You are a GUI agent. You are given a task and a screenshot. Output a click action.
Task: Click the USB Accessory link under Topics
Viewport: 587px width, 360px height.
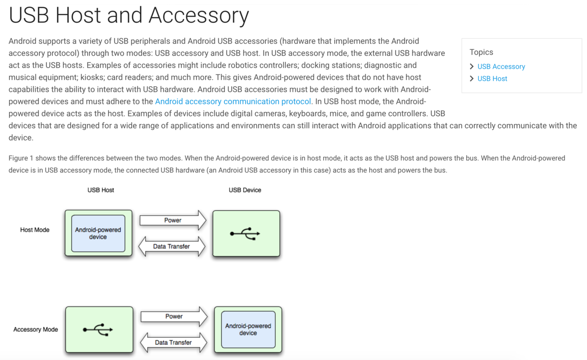point(501,66)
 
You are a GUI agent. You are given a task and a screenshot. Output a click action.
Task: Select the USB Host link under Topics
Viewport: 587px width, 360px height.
point(492,79)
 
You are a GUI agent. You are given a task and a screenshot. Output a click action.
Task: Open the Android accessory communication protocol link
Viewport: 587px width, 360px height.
point(233,101)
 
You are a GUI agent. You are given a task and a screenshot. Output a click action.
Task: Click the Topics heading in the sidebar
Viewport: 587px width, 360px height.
point(481,52)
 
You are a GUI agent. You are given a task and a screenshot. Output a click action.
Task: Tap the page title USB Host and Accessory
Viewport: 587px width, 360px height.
point(129,15)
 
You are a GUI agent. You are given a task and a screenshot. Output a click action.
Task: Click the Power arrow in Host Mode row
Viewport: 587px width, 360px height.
point(173,220)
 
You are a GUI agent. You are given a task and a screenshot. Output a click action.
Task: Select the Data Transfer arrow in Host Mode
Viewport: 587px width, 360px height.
point(171,246)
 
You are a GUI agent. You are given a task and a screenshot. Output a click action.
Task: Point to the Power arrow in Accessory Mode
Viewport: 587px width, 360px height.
point(174,316)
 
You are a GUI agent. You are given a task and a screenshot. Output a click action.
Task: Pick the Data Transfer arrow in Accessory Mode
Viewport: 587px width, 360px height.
point(173,342)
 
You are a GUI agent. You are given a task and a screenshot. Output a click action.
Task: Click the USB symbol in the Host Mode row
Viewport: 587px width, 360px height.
point(245,234)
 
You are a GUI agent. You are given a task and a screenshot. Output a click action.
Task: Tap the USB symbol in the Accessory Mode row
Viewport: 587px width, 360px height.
point(98,330)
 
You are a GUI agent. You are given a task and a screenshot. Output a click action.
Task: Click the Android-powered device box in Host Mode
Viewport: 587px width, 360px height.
point(98,234)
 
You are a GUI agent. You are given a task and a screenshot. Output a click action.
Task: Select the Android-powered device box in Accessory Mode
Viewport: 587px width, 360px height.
point(248,329)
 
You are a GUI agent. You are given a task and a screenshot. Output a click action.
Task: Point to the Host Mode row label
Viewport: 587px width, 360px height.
point(35,230)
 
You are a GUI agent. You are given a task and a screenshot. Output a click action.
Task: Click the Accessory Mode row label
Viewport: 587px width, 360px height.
point(36,329)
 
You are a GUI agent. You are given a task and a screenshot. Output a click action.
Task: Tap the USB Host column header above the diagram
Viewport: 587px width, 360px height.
point(100,190)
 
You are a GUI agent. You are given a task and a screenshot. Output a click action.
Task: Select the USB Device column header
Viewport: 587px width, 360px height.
point(245,190)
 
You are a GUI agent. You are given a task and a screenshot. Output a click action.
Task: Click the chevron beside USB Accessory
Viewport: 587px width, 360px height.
point(471,66)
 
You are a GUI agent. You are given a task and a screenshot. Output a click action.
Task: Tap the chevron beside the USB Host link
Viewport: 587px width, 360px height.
point(471,79)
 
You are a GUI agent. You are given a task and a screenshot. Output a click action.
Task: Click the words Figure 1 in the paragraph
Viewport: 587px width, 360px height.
point(21,158)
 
